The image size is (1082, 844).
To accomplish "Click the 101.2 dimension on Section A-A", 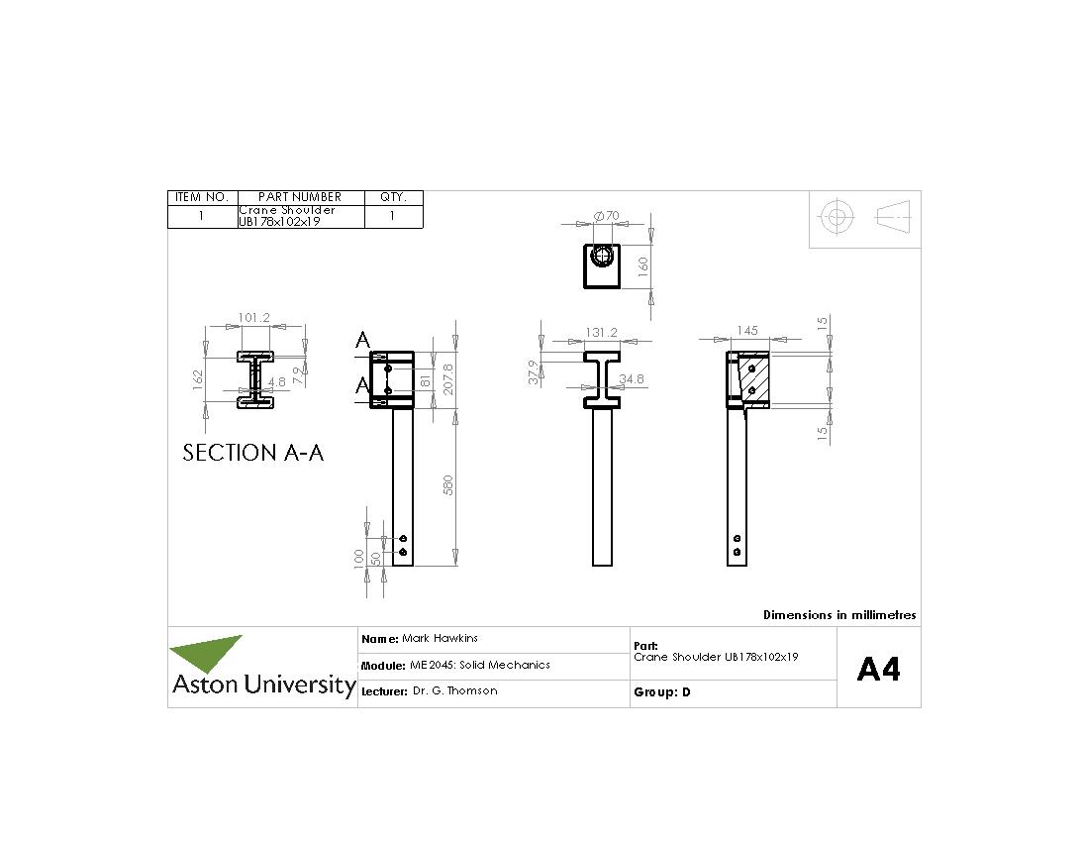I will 253,318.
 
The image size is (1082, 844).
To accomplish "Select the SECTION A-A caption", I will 253,453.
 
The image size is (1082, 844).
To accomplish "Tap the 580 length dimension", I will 447,486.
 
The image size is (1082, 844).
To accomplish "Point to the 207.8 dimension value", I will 447,379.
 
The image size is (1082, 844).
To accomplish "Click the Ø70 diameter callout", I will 605,215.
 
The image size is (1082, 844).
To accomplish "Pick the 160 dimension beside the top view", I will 641,264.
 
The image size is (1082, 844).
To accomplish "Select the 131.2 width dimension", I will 601,333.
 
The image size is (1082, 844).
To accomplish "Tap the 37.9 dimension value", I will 534,371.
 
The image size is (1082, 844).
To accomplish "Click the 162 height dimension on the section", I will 197,378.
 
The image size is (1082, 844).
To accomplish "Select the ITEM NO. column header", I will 202,197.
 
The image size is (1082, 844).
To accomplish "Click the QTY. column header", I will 393,197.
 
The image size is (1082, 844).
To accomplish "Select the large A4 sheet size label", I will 878,670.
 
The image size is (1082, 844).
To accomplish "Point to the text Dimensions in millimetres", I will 838,615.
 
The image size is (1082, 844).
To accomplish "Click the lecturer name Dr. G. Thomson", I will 454,691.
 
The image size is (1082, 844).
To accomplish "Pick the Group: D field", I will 661,692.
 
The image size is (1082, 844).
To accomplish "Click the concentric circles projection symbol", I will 837,216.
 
